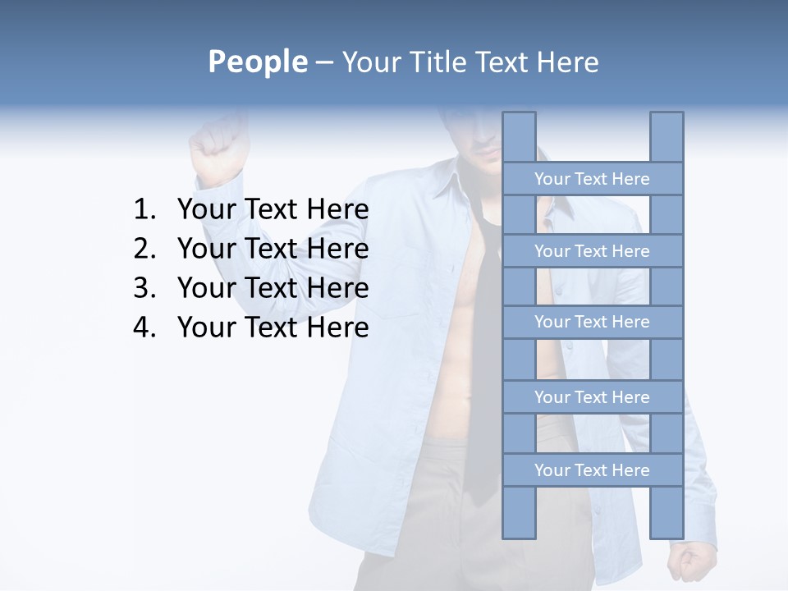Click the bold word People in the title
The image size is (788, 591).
[x=257, y=62]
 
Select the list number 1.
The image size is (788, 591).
[x=144, y=210]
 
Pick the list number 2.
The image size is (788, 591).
[x=144, y=249]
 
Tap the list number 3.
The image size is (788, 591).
[x=144, y=288]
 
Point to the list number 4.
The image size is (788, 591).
[x=144, y=328]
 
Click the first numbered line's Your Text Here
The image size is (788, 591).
[x=273, y=210]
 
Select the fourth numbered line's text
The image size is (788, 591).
[x=273, y=328]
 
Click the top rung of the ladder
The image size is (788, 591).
[x=592, y=179]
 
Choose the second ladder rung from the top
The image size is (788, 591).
[x=592, y=251]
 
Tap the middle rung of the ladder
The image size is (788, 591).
[x=592, y=323]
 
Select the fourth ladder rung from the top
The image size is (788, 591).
[x=592, y=397]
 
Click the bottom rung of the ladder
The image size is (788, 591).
[x=592, y=470]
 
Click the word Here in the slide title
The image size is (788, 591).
[x=568, y=62]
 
